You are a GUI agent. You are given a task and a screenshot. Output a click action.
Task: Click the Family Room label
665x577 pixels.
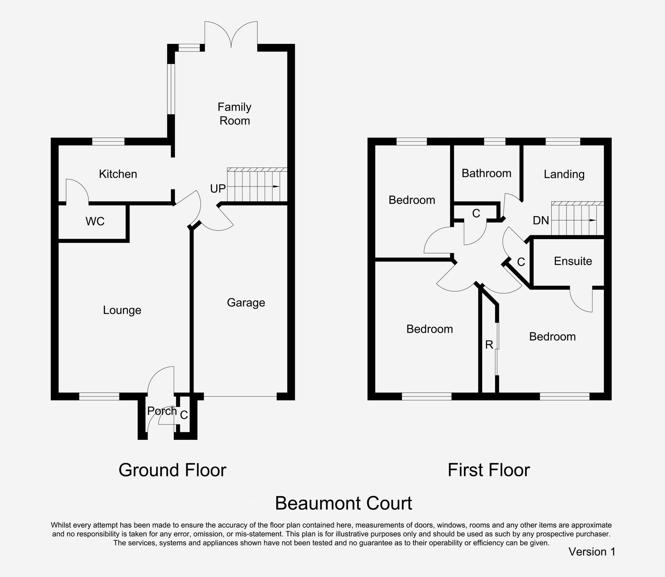pyautogui.click(x=234, y=114)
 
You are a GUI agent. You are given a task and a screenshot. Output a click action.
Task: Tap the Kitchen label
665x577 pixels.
pyautogui.click(x=118, y=174)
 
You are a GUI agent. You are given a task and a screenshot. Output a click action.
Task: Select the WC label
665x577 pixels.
pyautogui.click(x=95, y=221)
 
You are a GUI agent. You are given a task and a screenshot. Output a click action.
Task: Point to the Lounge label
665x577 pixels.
pyautogui.click(x=122, y=310)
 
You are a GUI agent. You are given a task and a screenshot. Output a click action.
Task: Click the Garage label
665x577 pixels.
pyautogui.click(x=246, y=302)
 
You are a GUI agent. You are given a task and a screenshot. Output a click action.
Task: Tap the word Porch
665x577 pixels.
pyautogui.click(x=162, y=411)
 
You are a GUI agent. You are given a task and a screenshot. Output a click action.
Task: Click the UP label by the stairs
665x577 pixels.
pyautogui.click(x=218, y=189)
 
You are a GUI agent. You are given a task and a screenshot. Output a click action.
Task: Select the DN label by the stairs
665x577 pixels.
pyautogui.click(x=541, y=220)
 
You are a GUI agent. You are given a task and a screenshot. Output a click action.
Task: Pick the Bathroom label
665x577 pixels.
pyautogui.click(x=486, y=173)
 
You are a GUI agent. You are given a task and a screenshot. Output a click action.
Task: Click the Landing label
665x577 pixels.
pyautogui.click(x=564, y=174)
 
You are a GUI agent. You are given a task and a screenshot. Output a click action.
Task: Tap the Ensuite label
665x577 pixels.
pyautogui.click(x=573, y=261)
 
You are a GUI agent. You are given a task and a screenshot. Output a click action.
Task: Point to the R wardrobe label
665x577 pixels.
pyautogui.click(x=489, y=345)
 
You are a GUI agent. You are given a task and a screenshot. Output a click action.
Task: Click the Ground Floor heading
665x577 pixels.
pyautogui.click(x=172, y=470)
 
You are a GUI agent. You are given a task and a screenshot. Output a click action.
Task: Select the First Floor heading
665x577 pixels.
pyautogui.click(x=489, y=470)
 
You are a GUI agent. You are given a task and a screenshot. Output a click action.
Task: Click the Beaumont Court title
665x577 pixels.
pyautogui.click(x=344, y=503)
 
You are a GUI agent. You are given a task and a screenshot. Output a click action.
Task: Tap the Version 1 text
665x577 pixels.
pyautogui.click(x=592, y=552)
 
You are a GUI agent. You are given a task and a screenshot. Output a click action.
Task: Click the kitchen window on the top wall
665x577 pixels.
pyautogui.click(x=108, y=141)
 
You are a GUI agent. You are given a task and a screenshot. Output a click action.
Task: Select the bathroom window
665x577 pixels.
pyautogui.click(x=495, y=141)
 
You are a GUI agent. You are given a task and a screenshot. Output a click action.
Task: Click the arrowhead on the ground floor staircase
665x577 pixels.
pyautogui.click(x=276, y=187)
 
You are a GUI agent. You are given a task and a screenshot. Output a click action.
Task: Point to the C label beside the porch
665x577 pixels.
pyautogui.click(x=184, y=415)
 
